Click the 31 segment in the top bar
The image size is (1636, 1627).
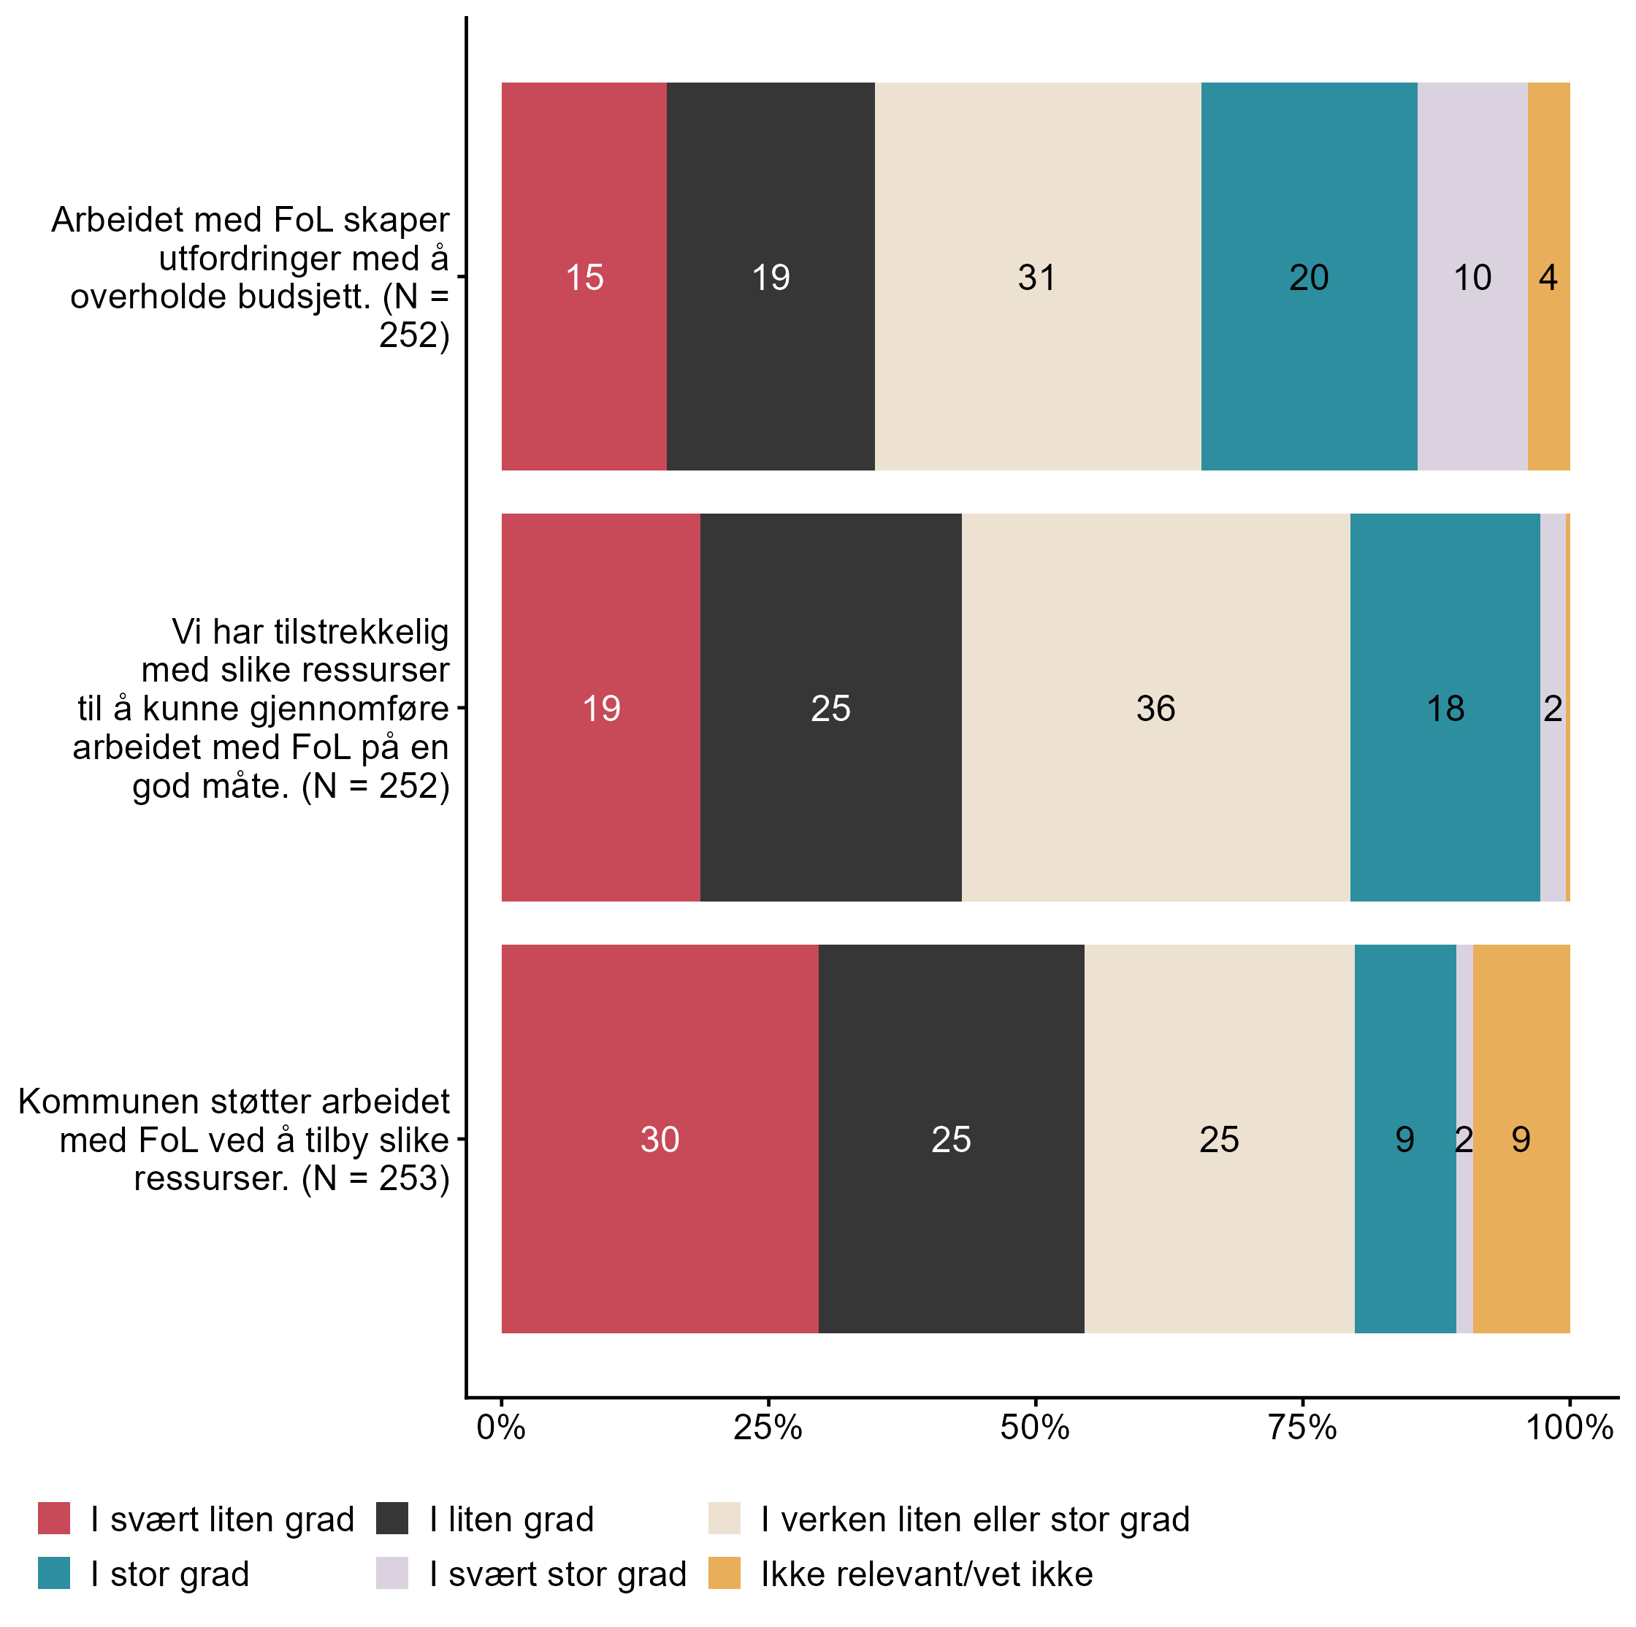1037,277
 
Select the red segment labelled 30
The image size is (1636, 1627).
660,1138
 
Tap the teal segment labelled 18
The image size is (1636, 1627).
1445,708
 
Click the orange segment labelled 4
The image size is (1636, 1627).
1548,277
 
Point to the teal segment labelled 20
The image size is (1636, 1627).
1308,277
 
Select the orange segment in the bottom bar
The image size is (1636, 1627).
1521,1138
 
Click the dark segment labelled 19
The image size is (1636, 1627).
771,277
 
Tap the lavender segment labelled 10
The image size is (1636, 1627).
1472,277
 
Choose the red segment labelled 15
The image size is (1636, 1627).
584,277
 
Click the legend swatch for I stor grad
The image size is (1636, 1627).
54,1573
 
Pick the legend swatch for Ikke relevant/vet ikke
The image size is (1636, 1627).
724,1573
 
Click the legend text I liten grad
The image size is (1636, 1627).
511,1519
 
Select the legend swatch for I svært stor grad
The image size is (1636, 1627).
392,1573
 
